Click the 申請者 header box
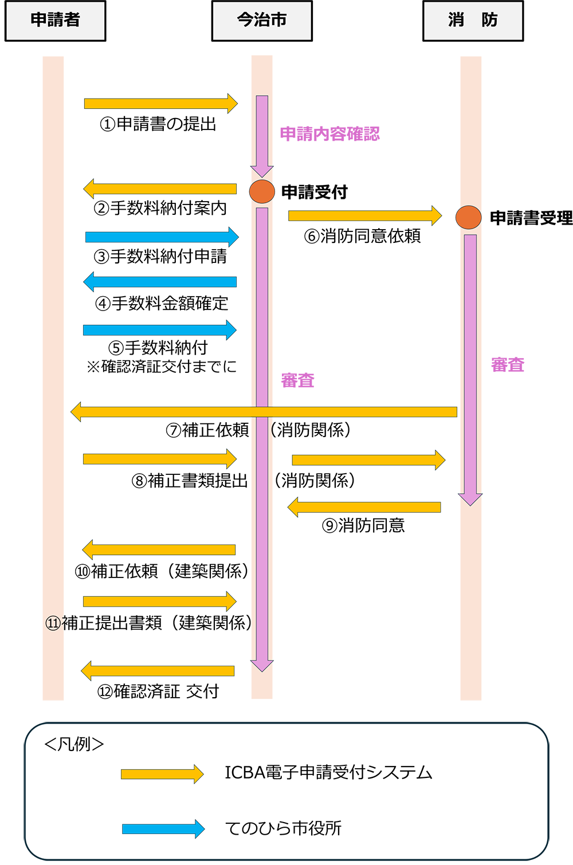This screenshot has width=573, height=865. click(55, 21)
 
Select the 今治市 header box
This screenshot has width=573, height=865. click(262, 21)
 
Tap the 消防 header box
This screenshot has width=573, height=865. click(473, 21)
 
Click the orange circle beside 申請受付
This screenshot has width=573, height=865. click(262, 191)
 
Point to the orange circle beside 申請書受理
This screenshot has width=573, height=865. click(468, 218)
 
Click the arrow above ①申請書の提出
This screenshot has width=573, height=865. click(160, 104)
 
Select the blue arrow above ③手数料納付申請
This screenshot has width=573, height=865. click(162, 237)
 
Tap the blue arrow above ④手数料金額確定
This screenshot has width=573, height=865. click(160, 282)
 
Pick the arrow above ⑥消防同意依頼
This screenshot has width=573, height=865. click(365, 215)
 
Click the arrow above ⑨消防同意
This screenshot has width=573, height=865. click(364, 507)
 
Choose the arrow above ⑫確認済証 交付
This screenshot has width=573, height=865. click(158, 671)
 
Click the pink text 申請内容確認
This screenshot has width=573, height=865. click(329, 134)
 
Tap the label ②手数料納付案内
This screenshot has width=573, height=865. click(160, 208)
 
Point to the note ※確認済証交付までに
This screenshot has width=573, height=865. click(162, 367)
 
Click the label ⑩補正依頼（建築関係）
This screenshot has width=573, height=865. click(162, 571)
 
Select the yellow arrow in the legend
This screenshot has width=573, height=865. click(162, 774)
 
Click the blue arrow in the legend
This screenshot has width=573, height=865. click(163, 829)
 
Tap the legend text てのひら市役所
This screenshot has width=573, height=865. click(283, 828)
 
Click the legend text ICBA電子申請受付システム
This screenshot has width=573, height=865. click(328, 773)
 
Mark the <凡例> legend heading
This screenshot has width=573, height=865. click(74, 744)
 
